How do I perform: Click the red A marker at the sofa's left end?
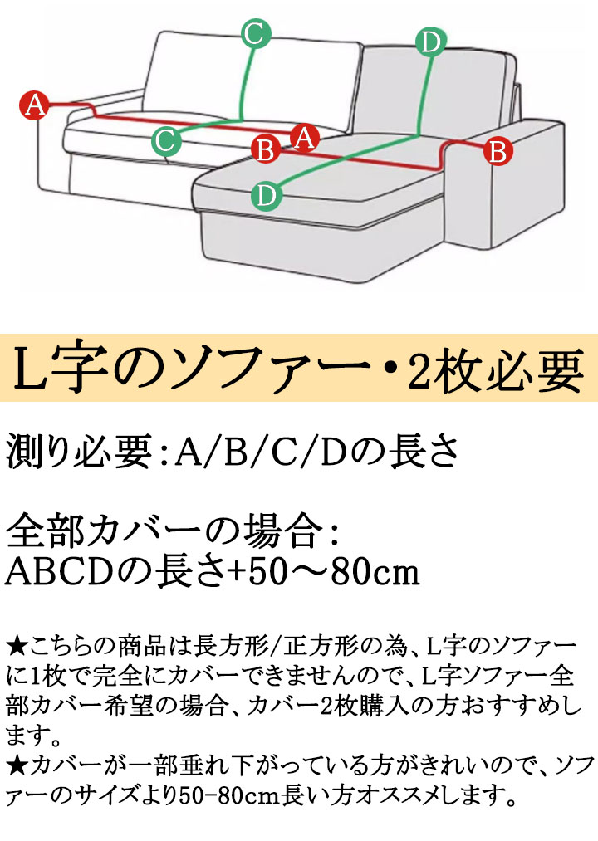tap(34, 105)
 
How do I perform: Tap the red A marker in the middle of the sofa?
tap(304, 138)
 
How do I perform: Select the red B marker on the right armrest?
tap(498, 152)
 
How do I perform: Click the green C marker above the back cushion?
tap(256, 34)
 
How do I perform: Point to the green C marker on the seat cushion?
tap(165, 141)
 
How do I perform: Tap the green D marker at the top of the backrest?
tap(430, 42)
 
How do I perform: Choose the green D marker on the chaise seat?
tap(267, 195)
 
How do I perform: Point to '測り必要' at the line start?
tap(79, 452)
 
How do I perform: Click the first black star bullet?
tap(17, 646)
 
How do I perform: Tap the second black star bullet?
tap(17, 765)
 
